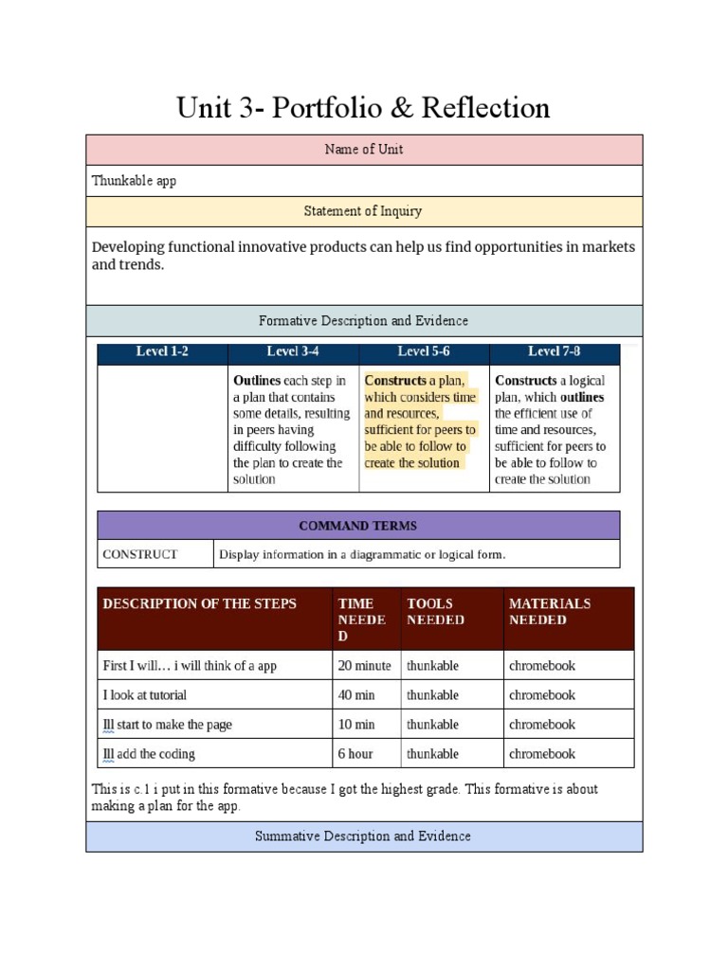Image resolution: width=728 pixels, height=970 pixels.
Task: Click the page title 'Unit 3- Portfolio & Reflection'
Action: [363, 108]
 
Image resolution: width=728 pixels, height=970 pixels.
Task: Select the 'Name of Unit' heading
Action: [363, 150]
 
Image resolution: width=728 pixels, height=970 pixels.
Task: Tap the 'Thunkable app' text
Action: [134, 181]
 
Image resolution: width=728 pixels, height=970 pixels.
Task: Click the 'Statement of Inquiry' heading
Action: [363, 211]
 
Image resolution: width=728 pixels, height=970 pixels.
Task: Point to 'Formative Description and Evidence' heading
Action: [363, 321]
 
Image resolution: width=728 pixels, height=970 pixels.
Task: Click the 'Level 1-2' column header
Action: [162, 351]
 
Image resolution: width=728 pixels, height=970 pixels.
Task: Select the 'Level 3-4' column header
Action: [293, 351]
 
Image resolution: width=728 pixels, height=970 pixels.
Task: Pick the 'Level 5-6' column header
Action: [424, 351]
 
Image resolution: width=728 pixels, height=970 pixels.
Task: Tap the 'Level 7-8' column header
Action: [555, 351]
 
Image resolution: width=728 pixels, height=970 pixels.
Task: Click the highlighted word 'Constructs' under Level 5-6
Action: [395, 381]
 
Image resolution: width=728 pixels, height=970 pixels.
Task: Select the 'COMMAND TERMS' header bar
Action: [357, 526]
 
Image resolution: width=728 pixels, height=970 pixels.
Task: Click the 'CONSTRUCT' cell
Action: [140, 554]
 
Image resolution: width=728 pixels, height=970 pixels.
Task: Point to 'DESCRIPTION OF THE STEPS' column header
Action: [199, 603]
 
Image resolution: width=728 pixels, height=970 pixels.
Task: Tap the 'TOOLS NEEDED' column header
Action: [435, 612]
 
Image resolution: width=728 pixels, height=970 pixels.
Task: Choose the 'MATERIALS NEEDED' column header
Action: [550, 612]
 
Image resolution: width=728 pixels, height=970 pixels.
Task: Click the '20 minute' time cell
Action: [364, 666]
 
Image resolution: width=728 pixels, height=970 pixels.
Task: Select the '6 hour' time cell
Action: [355, 754]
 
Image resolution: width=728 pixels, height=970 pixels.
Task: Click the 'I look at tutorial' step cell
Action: [145, 695]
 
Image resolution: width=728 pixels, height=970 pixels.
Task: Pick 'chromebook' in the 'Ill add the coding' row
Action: [542, 754]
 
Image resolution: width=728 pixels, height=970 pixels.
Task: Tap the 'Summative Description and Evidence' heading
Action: [363, 836]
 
